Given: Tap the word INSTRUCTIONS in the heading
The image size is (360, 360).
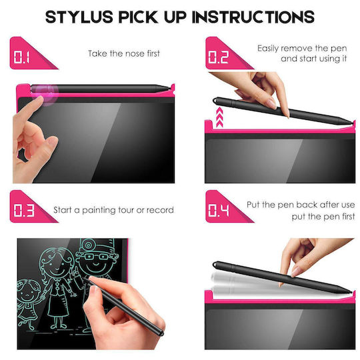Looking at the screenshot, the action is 253,17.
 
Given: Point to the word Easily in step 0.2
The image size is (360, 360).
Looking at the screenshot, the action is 268,49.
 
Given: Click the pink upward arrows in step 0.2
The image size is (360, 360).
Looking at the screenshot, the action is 220,117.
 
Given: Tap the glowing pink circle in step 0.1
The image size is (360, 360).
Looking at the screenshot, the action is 45,95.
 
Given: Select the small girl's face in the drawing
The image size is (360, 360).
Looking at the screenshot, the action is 27,291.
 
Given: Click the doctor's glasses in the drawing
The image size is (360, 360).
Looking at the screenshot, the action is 97,257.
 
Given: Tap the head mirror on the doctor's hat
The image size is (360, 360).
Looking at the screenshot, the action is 87,245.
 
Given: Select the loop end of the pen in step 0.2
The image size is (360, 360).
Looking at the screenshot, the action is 215,100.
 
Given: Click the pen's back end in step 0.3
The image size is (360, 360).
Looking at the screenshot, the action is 161,332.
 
